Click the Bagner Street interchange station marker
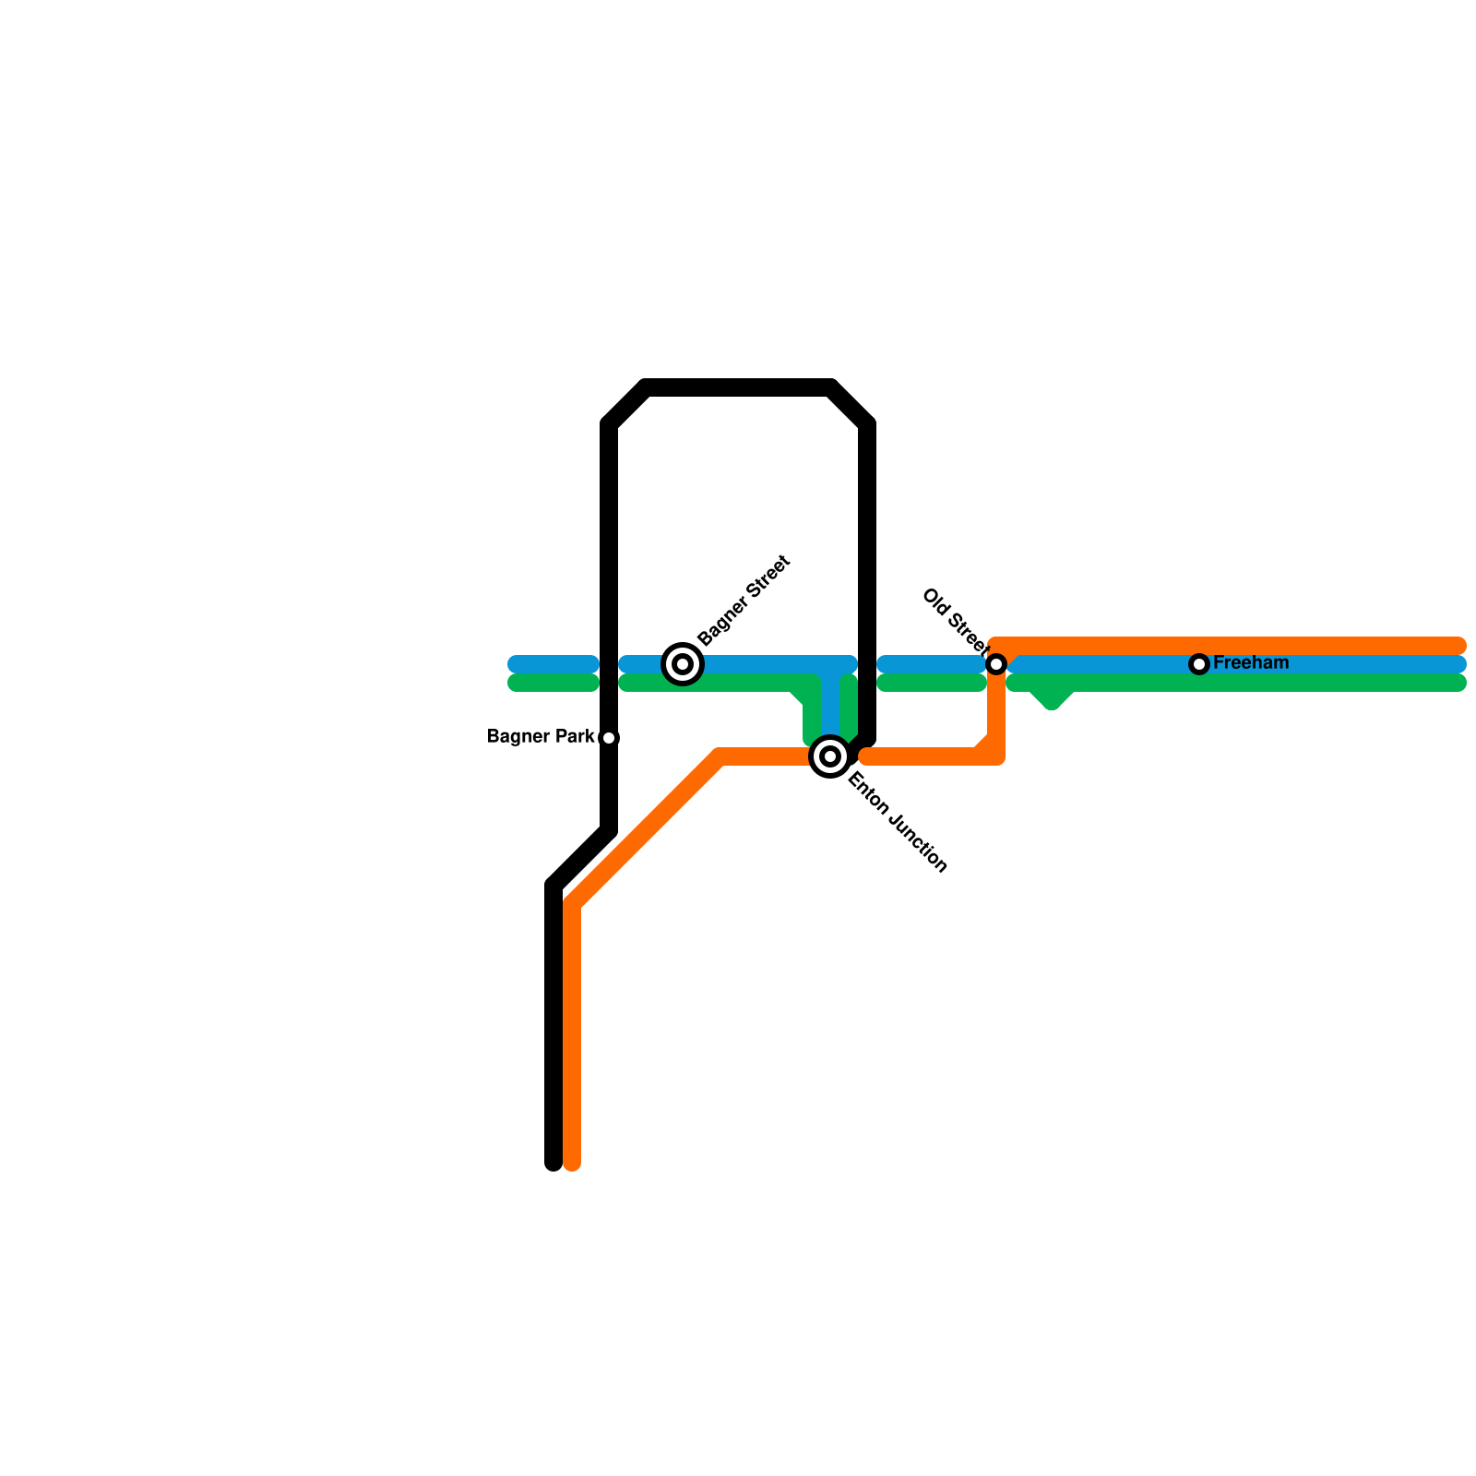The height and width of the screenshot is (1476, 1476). (683, 663)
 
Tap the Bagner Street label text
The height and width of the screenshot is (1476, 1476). (744, 601)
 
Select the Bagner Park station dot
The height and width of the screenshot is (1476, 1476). (609, 738)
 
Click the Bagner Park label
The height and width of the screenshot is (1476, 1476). (541, 737)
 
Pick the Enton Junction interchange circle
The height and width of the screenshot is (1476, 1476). (830, 757)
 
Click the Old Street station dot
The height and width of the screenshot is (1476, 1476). (996, 664)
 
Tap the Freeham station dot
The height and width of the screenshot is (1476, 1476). (1199, 664)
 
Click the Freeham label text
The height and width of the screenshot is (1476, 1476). (1251, 663)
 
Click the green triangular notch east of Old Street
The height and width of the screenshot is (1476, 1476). (1052, 697)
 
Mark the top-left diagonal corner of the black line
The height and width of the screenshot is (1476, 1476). (627, 405)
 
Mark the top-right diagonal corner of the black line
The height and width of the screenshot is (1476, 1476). (850, 405)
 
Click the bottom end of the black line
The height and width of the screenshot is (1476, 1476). (553, 1162)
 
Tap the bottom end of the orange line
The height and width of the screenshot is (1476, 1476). (572, 1162)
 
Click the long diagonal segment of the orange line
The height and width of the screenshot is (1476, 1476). (646, 830)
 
